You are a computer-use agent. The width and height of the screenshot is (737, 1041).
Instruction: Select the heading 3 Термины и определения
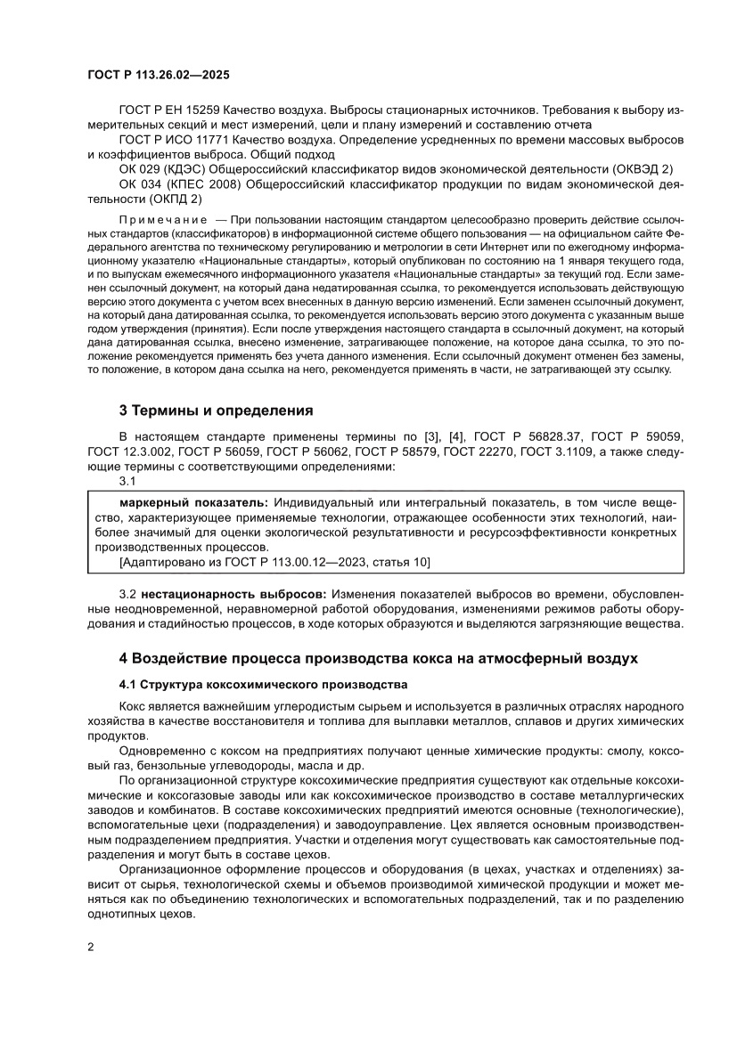(217, 411)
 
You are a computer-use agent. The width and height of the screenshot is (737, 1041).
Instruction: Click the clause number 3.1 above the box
(127, 481)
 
